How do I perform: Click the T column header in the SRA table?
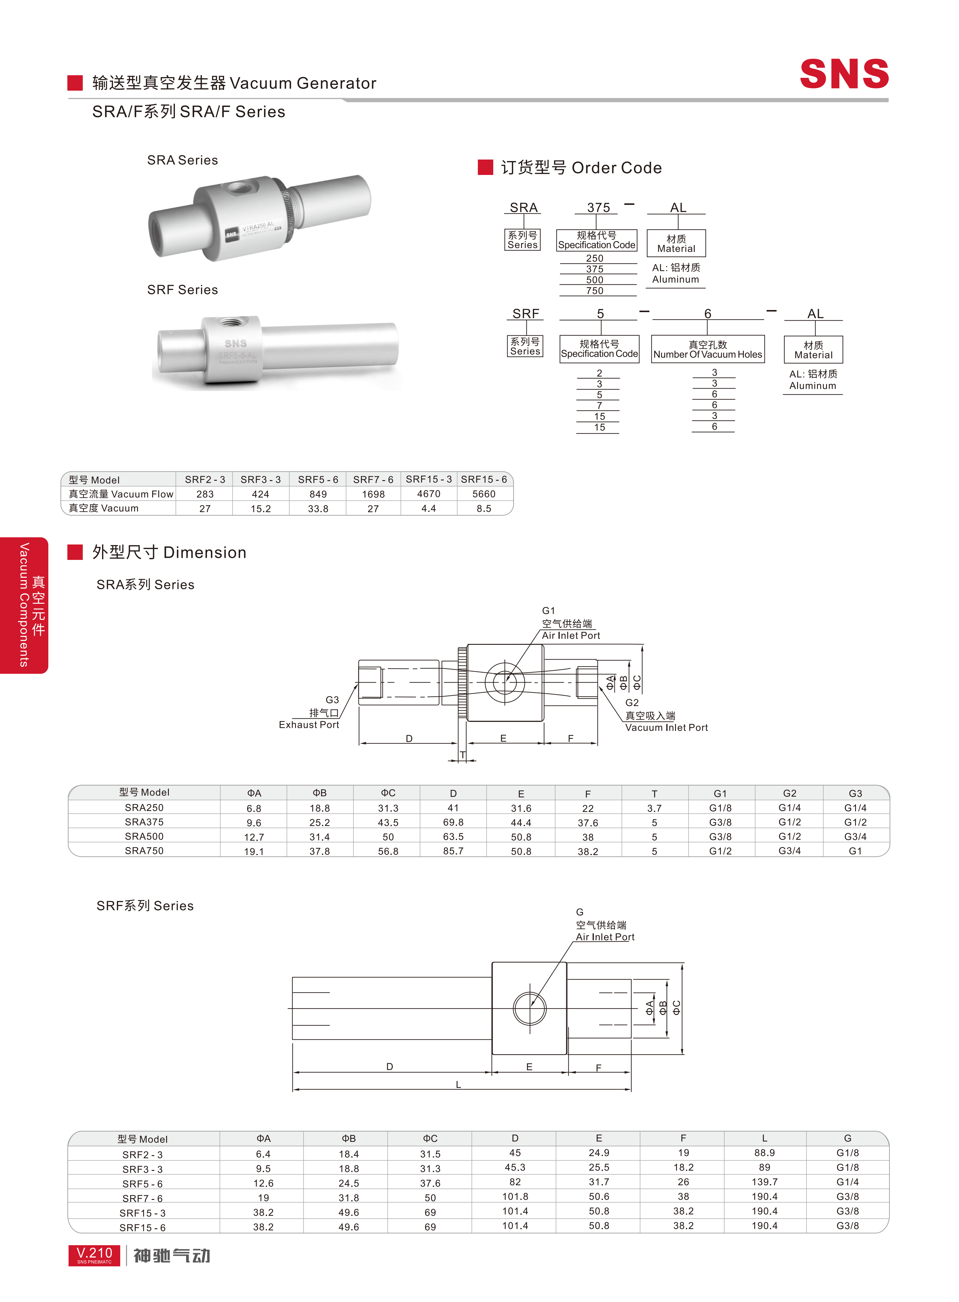pyautogui.click(x=654, y=793)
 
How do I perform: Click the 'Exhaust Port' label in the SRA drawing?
pyautogui.click(x=309, y=725)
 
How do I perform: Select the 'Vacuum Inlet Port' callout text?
pyautogui.click(x=666, y=728)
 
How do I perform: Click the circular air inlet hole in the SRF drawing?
pyautogui.click(x=529, y=1008)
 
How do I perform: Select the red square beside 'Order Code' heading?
pyautogui.click(x=485, y=167)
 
